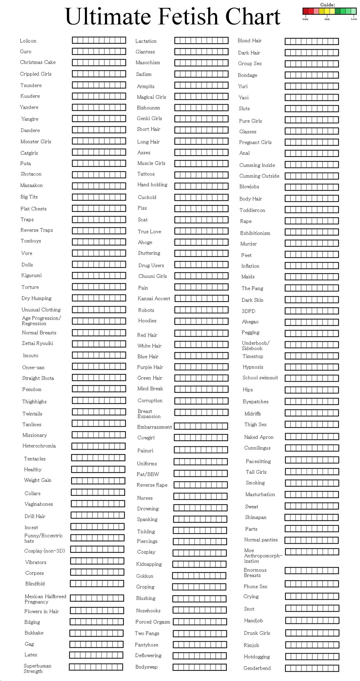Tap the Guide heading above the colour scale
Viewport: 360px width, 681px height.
click(328, 5)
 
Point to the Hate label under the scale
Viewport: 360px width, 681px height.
click(305, 19)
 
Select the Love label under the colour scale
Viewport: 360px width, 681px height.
click(354, 19)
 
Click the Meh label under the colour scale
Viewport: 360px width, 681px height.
click(327, 19)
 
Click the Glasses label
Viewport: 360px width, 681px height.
click(248, 132)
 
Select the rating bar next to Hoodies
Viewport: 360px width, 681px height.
click(201, 321)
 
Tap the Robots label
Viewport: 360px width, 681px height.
click(146, 310)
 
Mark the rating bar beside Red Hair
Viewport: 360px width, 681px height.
click(201, 333)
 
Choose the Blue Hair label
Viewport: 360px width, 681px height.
click(148, 357)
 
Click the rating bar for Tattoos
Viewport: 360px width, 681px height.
click(201, 175)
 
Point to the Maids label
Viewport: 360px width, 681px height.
click(248, 277)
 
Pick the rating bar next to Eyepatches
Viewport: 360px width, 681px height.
click(312, 401)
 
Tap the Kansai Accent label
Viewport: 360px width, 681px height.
click(154, 299)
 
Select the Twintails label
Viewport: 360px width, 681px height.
click(32, 414)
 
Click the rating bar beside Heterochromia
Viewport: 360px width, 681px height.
click(98, 446)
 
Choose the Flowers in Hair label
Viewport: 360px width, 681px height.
click(42, 611)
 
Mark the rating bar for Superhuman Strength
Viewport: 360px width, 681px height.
click(96, 667)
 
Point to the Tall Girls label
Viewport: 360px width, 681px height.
click(256, 472)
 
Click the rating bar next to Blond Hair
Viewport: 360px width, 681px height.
click(312, 41)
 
